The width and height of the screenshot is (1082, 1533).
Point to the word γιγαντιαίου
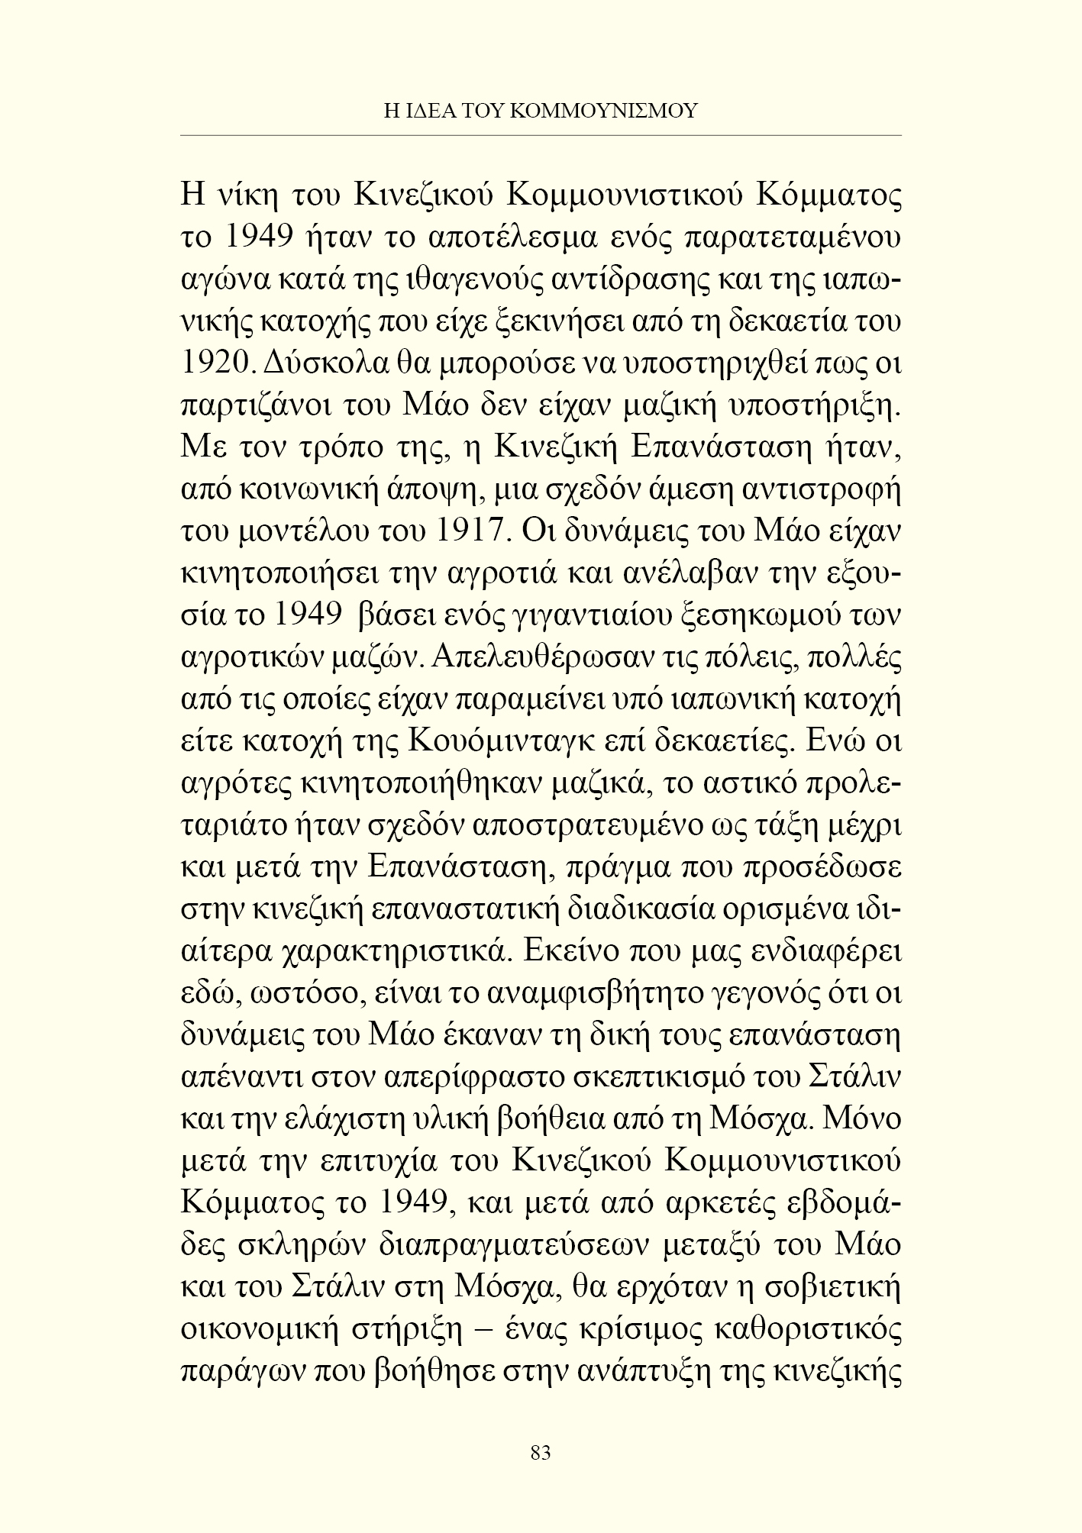click(x=590, y=616)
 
